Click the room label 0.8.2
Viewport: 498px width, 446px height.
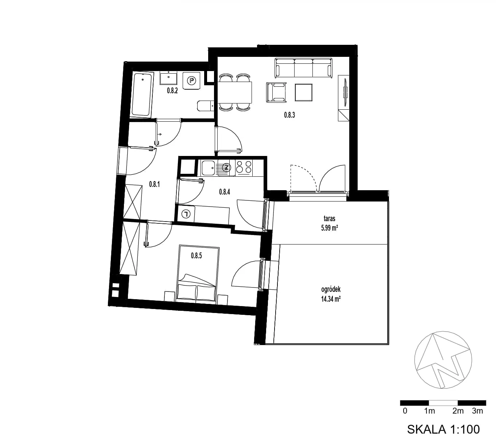pyautogui.click(x=172, y=91)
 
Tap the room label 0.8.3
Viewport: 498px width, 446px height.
pyautogui.click(x=289, y=115)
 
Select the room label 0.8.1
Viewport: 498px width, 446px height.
pyautogui.click(x=154, y=184)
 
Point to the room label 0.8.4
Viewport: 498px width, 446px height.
pyautogui.click(x=225, y=192)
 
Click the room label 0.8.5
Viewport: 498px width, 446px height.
pyautogui.click(x=197, y=255)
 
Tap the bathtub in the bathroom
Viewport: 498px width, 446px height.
pyautogui.click(x=143, y=95)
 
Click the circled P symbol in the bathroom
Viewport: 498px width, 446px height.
pyautogui.click(x=191, y=81)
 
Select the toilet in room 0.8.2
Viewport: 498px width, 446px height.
pyautogui.click(x=206, y=106)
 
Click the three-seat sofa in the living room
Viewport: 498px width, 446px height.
pyautogui.click(x=303, y=68)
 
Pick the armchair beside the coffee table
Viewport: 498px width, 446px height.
pyautogui.click(x=276, y=93)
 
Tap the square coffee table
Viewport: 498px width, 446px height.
pyautogui.click(x=304, y=93)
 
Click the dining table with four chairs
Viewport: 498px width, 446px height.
pyautogui.click(x=235, y=93)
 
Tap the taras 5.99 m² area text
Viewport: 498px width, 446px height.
pyautogui.click(x=329, y=223)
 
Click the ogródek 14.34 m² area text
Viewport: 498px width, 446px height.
pyautogui.click(x=331, y=294)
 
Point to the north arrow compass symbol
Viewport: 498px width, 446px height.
pyautogui.click(x=443, y=360)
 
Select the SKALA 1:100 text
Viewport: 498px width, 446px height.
pyautogui.click(x=443, y=429)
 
